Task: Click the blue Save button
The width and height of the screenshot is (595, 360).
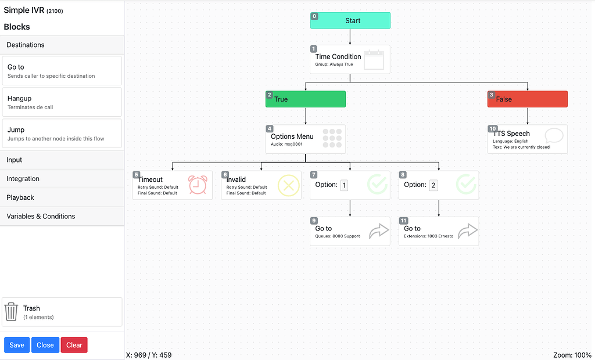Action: click(x=17, y=345)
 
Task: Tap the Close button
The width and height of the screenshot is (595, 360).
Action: click(x=45, y=345)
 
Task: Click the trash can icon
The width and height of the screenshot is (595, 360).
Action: click(x=12, y=312)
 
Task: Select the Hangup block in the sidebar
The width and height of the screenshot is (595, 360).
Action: click(x=62, y=102)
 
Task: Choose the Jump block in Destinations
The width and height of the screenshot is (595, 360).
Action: click(x=62, y=134)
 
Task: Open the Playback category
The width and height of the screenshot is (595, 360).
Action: click(x=62, y=197)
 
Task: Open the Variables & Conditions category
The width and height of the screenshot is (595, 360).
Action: click(x=62, y=216)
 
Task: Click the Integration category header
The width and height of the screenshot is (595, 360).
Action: click(x=62, y=179)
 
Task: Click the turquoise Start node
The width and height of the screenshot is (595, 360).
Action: click(x=350, y=20)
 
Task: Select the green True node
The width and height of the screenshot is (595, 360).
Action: click(x=306, y=99)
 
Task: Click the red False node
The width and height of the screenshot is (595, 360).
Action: click(x=528, y=99)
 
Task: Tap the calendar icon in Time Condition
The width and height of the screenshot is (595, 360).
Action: click(x=374, y=60)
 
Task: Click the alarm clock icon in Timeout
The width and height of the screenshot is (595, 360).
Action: click(x=198, y=185)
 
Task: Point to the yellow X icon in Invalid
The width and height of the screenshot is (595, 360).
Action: click(x=288, y=185)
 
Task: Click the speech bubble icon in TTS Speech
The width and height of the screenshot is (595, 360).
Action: click(x=554, y=136)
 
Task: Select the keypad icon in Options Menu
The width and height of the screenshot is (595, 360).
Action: click(x=332, y=139)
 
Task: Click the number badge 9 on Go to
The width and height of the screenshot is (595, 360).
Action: click(x=314, y=221)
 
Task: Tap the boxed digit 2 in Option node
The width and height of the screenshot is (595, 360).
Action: click(x=433, y=185)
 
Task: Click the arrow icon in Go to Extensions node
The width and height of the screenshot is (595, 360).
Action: click(x=468, y=232)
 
